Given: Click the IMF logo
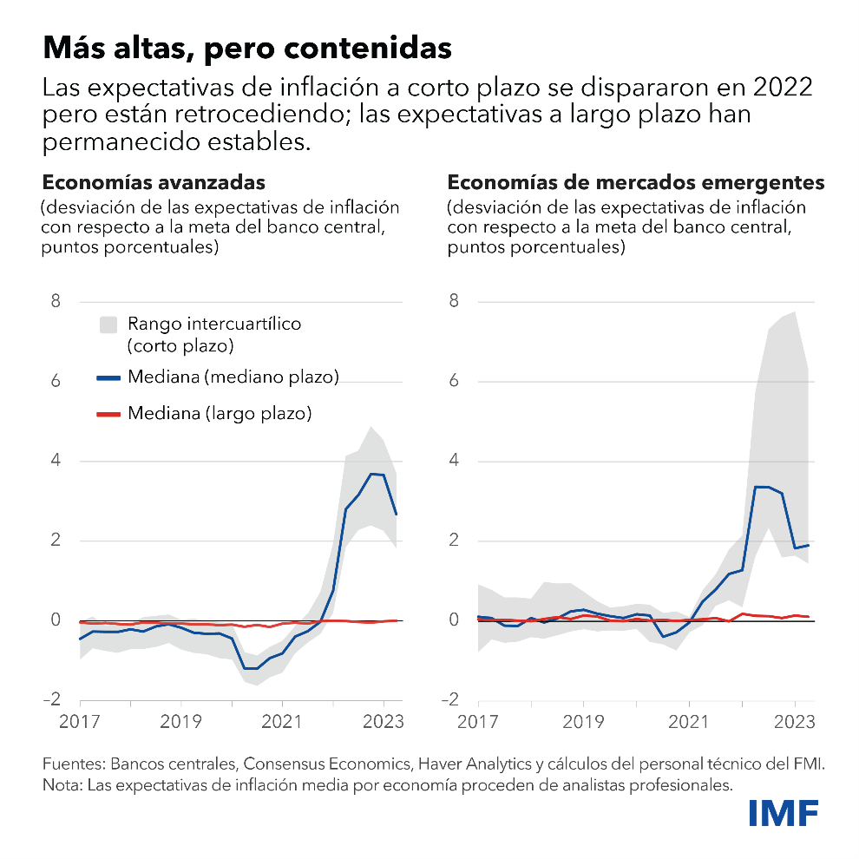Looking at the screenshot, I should click(784, 813).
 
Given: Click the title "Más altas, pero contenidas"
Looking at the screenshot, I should click(247, 47).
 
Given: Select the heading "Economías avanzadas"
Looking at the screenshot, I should click(154, 183).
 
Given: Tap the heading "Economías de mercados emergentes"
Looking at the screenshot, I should click(635, 183).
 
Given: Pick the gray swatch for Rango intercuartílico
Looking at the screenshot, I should click(108, 325).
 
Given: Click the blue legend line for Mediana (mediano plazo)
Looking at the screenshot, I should click(108, 377).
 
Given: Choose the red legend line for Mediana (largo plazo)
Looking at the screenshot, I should click(108, 414).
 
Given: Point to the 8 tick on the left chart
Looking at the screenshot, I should click(56, 302).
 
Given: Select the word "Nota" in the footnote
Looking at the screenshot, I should click(59, 785).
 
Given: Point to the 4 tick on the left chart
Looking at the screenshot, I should click(56, 461).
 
